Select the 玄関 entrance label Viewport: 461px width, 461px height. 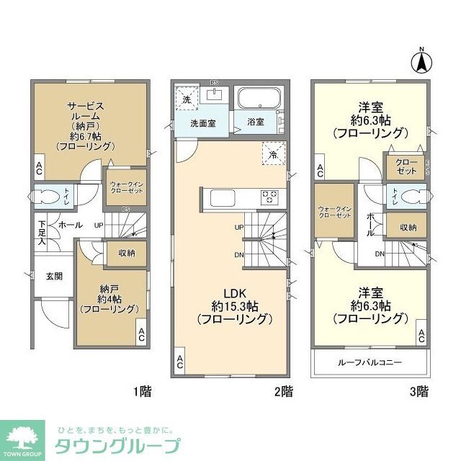pyautogui.click(x=55, y=276)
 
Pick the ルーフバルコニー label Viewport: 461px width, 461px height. pyautogui.click(x=370, y=362)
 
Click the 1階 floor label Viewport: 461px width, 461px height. pyautogui.click(x=141, y=392)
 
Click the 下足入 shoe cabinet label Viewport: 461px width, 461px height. pyautogui.click(x=42, y=235)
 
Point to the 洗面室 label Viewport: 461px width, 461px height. pyautogui.click(x=203, y=123)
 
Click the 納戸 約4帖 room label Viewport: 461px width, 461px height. pyautogui.click(x=109, y=299)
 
